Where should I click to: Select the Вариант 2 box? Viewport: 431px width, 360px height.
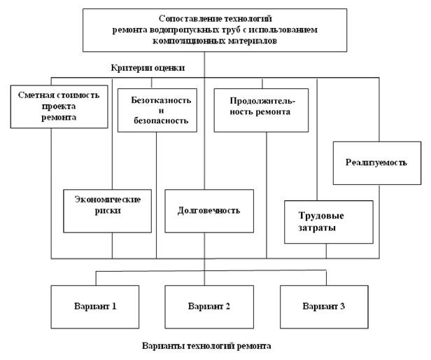tap(204, 306)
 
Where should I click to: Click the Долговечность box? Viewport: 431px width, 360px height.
tap(208, 210)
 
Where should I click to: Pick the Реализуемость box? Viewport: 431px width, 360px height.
tap(376, 162)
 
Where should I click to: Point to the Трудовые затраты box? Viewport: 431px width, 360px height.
tap(328, 222)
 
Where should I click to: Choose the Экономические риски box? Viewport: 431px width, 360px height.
tap(107, 210)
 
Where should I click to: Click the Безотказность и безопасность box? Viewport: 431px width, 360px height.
tap(155, 110)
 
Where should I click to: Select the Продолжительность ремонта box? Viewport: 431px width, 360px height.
tap(260, 110)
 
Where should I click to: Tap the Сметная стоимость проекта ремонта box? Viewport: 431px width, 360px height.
tap(59, 106)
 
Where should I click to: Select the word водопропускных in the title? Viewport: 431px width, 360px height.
tap(181, 30)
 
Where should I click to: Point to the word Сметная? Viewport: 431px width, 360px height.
tap(38, 95)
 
